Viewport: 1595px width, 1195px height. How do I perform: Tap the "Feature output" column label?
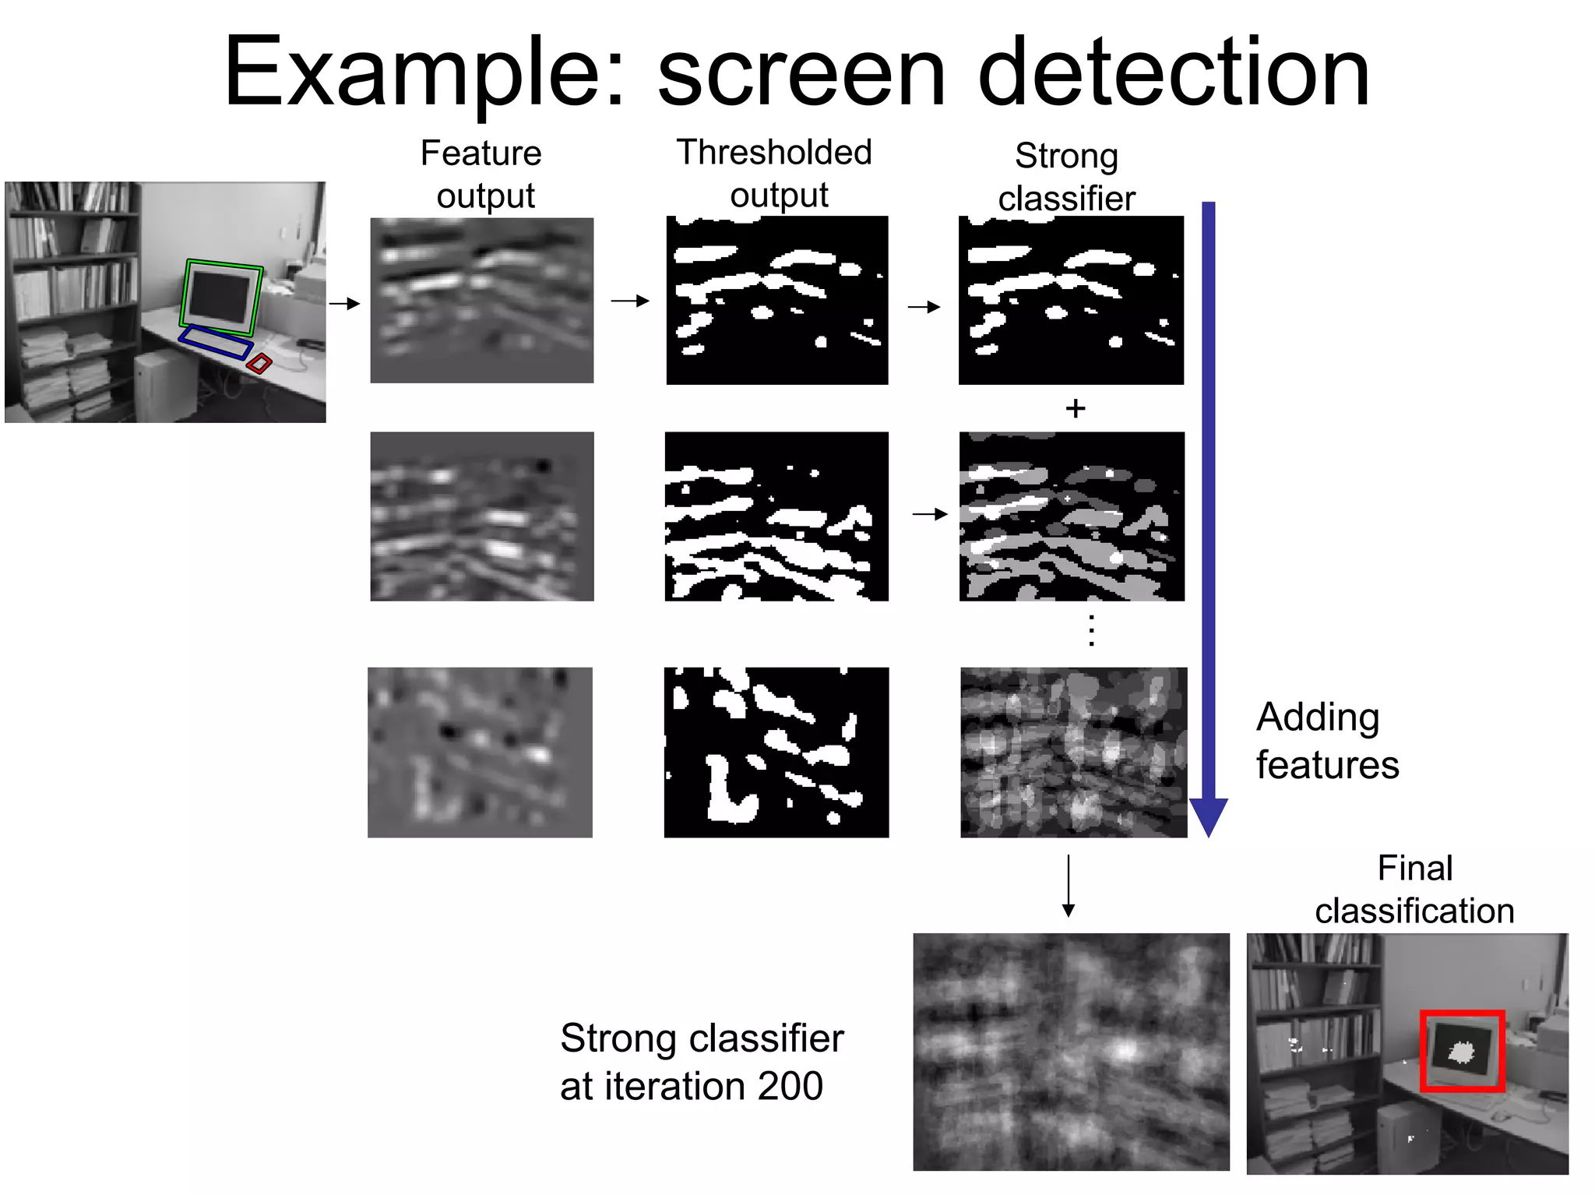coord(482,174)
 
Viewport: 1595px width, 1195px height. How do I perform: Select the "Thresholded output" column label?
coord(775,173)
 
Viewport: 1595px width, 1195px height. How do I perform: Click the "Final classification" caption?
coord(1414,889)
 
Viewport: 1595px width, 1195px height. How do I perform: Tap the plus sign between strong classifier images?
coord(1076,408)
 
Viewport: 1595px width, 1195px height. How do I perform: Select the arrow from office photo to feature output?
coord(344,303)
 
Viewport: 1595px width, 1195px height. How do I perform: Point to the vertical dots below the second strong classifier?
coord(1092,630)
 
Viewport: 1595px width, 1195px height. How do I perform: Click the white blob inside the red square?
coord(1461,1053)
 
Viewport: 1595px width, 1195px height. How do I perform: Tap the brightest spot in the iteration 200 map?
coord(1124,1051)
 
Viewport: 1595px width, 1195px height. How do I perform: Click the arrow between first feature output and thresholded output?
coord(630,301)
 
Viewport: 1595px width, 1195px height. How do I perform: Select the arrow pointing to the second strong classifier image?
coord(930,514)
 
